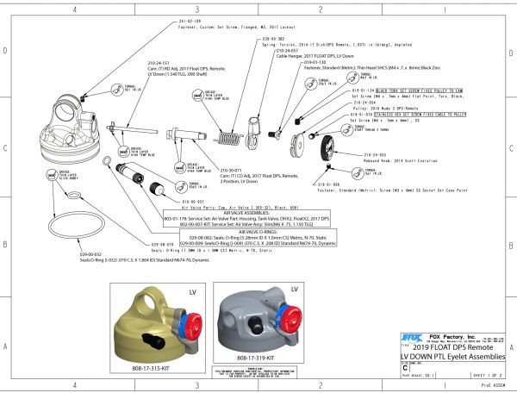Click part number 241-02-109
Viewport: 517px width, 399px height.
click(190, 20)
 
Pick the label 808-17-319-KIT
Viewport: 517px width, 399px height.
click(256, 356)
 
